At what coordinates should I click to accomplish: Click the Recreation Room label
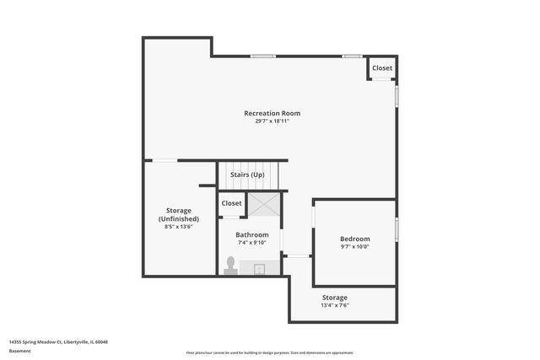coord(272,113)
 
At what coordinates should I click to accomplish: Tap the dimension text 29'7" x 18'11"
coord(272,121)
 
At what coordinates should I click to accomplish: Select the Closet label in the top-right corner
coord(381,68)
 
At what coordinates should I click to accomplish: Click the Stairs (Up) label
coord(248,175)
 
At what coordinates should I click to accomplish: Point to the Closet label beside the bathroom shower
coord(231,203)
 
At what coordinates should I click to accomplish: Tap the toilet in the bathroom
coord(230,266)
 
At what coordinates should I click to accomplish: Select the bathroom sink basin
coord(260,269)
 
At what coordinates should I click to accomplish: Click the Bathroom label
coord(251,234)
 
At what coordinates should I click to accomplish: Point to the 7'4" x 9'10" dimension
coord(251,243)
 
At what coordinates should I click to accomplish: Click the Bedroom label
coord(354,239)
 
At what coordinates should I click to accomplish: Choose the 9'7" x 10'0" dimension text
coord(354,247)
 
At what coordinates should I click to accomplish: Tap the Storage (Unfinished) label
coord(179,214)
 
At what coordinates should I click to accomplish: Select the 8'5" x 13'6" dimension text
coord(179,227)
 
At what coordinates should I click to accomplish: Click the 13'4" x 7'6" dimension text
coord(334,306)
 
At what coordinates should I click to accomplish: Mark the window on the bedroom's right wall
coord(397,228)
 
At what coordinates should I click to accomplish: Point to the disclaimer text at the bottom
coord(270,352)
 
